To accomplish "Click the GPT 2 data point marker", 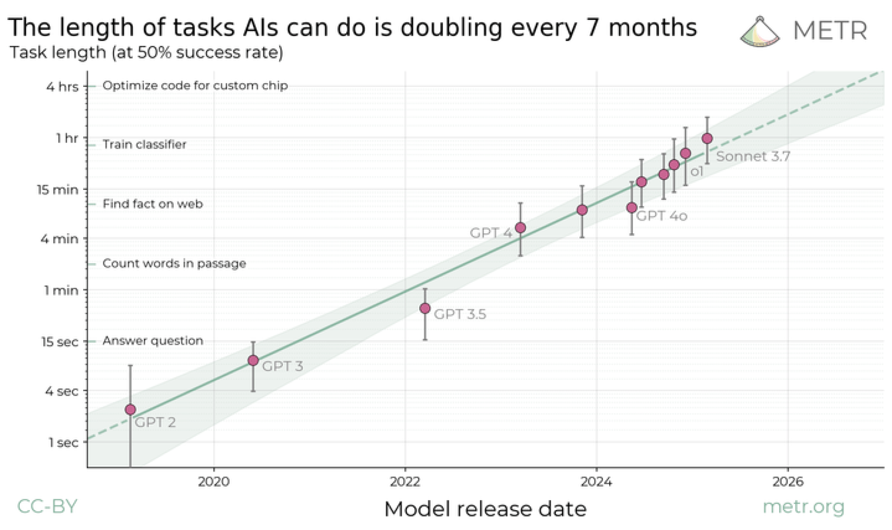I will point(131,409).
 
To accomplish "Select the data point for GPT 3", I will point(253,360).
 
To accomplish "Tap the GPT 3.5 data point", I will point(425,308).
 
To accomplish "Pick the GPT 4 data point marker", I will point(520,228).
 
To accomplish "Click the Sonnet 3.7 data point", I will point(707,139).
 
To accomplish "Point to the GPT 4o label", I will point(661,216).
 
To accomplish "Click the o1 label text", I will point(697,172).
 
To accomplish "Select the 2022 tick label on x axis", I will point(405,481).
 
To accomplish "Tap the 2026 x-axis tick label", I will point(787,481).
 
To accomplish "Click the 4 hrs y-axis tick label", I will point(62,86).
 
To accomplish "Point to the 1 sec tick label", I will point(63,443).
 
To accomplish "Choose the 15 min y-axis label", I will point(58,189).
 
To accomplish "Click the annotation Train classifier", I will point(144,144).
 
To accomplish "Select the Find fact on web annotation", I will point(153,204).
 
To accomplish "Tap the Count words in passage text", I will point(174,263).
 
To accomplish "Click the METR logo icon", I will point(760,31).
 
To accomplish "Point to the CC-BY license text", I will point(47,506).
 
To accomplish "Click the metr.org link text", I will point(804,506).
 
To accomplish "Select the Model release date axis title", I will point(485,509).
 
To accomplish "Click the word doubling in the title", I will point(452,27).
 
